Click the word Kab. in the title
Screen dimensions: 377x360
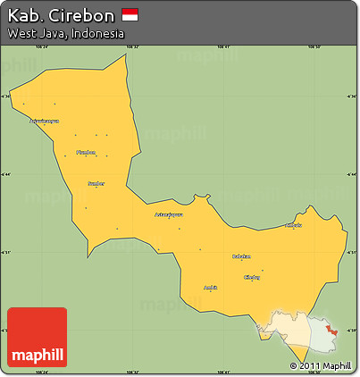point(25,16)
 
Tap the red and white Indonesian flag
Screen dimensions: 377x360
point(130,15)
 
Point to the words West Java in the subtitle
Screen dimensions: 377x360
point(34,33)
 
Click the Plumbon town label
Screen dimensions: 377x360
point(86,152)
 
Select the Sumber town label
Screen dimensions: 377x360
point(96,183)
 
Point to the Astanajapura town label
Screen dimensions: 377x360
point(169,214)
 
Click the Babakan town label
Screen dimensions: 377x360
point(241,256)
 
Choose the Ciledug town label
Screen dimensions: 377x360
point(253,277)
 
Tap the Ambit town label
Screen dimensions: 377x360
point(211,287)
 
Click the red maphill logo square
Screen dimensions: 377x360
point(37,337)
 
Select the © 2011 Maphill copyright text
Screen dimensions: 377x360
point(320,366)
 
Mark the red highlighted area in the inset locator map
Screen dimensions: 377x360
point(332,330)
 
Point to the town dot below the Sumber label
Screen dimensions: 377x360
point(87,208)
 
